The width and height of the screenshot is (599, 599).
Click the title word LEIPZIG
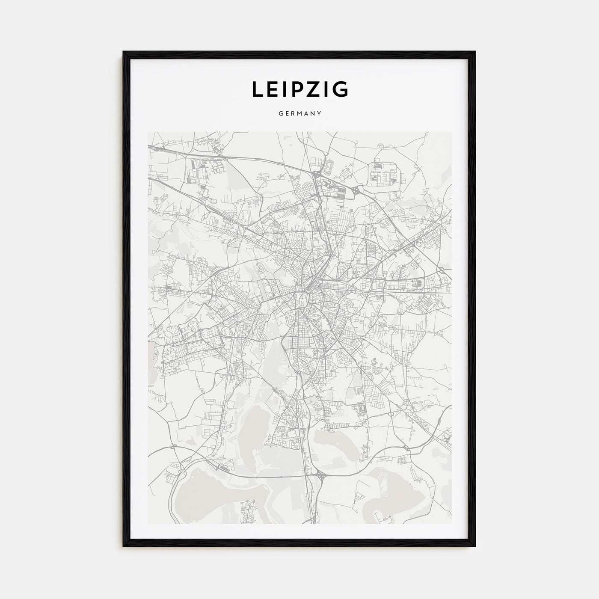pyautogui.click(x=299, y=89)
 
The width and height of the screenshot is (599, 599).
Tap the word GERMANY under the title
pyautogui.click(x=299, y=114)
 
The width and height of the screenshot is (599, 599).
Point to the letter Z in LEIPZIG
pyautogui.click(x=314, y=89)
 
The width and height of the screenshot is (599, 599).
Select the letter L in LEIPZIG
pyautogui.click(x=257, y=89)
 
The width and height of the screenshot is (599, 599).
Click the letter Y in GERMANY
pyautogui.click(x=319, y=114)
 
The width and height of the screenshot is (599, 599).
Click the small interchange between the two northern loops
pyautogui.click(x=356, y=189)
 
